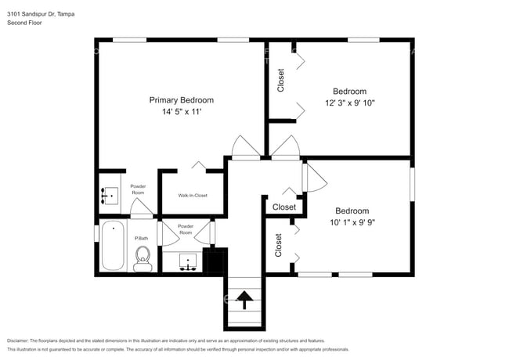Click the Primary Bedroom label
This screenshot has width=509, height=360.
(x=181, y=100)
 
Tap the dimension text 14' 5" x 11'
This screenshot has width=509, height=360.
(x=181, y=112)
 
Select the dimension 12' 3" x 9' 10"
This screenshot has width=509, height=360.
(x=349, y=103)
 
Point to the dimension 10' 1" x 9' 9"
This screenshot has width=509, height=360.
(x=352, y=222)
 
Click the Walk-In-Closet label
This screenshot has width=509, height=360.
(x=192, y=195)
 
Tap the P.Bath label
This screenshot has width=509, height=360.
(x=142, y=238)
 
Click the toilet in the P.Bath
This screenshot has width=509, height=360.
(x=143, y=258)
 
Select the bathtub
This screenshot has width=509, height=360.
(x=112, y=246)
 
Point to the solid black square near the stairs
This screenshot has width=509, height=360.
(x=215, y=260)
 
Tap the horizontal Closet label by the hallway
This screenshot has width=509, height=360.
(x=284, y=207)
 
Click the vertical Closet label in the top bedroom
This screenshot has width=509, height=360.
(x=280, y=81)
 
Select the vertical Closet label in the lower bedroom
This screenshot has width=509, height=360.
(x=279, y=245)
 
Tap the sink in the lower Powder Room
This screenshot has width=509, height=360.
(x=187, y=261)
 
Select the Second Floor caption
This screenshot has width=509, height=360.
(x=24, y=23)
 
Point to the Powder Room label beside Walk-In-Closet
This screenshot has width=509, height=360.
(x=138, y=189)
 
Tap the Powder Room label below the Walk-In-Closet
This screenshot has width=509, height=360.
(x=186, y=229)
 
